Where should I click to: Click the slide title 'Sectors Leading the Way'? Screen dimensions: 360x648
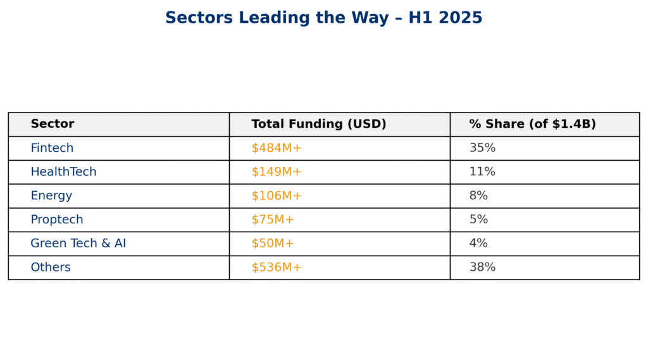323,18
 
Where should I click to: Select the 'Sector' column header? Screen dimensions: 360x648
53,124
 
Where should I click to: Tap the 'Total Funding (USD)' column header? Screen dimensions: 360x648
318,124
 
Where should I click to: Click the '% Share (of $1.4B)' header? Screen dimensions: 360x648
532,124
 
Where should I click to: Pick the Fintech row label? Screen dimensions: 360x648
52,148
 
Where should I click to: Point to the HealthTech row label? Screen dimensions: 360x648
63,172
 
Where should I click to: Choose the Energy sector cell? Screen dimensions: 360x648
51,196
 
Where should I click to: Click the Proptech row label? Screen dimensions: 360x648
57,220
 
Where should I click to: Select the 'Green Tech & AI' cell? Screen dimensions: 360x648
78,244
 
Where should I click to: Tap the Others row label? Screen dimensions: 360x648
51,268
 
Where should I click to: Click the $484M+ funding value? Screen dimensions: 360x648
277,148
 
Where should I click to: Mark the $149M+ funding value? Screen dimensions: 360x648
277,172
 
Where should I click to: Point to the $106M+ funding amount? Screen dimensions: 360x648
277,196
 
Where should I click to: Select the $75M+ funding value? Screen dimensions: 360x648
273,220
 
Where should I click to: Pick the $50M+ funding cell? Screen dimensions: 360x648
273,244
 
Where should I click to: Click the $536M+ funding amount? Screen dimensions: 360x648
277,268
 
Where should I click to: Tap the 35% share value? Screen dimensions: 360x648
482,148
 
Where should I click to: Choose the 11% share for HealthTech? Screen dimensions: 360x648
482,172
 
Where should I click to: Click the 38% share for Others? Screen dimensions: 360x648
482,268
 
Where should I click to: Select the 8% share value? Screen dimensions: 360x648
478,196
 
